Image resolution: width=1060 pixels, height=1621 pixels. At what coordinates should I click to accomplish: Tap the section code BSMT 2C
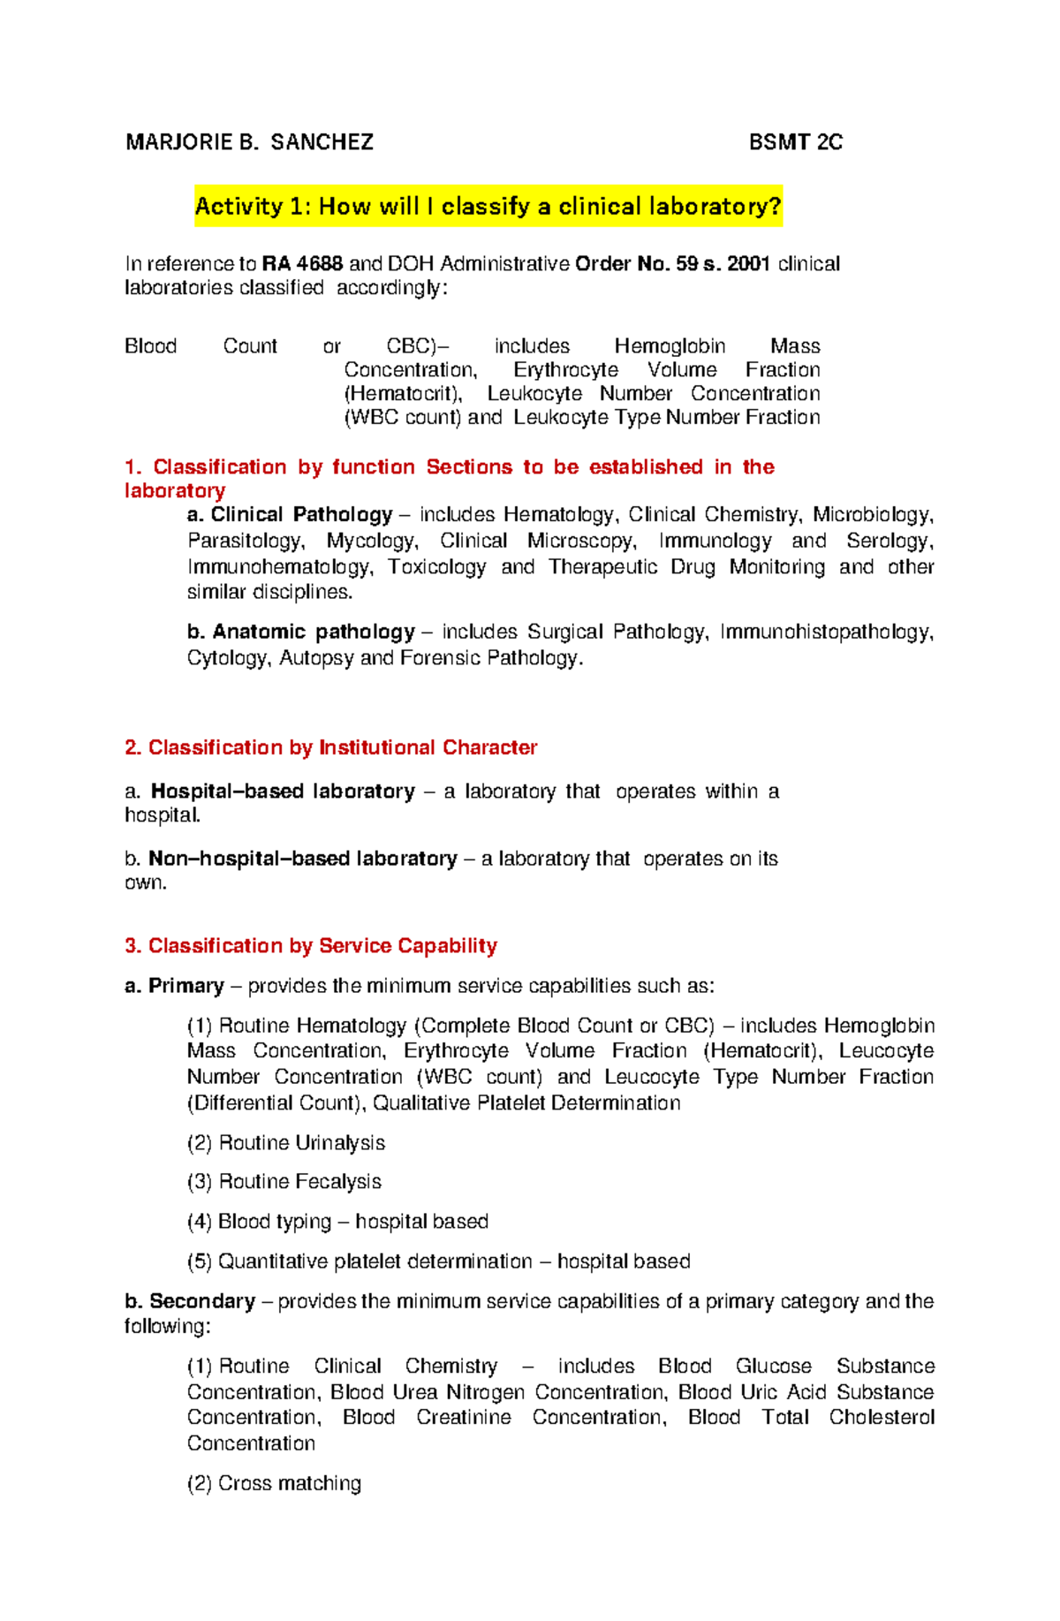point(795,142)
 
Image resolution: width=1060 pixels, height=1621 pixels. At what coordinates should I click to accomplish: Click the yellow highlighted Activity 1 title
point(488,207)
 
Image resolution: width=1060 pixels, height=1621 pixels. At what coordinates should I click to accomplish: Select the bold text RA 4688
point(303,264)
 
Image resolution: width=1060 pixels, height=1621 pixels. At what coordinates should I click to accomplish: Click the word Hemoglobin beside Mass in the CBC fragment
point(670,346)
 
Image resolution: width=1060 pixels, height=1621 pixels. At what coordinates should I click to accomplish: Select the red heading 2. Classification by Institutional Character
point(331,748)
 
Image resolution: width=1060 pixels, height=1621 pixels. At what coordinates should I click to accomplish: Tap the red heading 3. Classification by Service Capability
point(311,946)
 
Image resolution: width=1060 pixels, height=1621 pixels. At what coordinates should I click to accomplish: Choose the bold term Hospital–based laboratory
point(283,792)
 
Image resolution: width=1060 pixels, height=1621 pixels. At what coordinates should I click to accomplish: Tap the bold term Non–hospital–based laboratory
point(302,859)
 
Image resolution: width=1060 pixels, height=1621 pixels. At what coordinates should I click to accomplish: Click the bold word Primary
point(185,986)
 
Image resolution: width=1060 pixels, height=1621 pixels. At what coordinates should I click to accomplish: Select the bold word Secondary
point(201,1301)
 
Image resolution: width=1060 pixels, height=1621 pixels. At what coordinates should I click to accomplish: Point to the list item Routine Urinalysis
point(301,1143)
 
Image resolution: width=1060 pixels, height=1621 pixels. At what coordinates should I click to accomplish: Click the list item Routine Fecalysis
point(299,1182)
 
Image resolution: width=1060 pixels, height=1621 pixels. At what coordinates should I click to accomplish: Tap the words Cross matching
point(289,1483)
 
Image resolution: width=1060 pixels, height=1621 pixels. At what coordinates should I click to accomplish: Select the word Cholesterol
point(881,1418)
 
